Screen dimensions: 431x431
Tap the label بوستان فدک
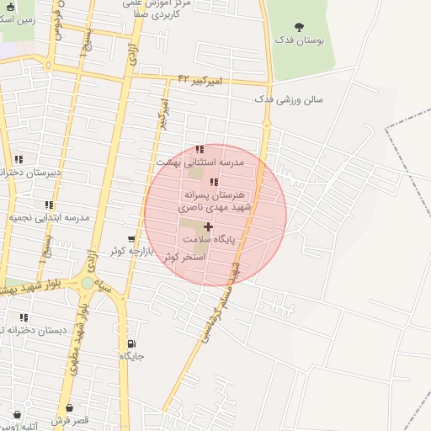coord(301,40)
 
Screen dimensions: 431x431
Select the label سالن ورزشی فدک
coord(289,99)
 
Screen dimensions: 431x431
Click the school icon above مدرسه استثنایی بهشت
coord(200,150)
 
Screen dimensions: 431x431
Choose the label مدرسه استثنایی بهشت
coord(200,161)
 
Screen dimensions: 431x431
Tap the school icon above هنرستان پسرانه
coord(214,182)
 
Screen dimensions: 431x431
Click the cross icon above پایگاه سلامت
coord(208,227)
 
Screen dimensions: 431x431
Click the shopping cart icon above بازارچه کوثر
coord(130,239)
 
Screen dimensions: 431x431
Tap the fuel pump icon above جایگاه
coord(131,344)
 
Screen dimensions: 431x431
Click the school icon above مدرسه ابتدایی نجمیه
coord(49,205)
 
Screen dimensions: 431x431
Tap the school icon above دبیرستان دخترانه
coord(19,159)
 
